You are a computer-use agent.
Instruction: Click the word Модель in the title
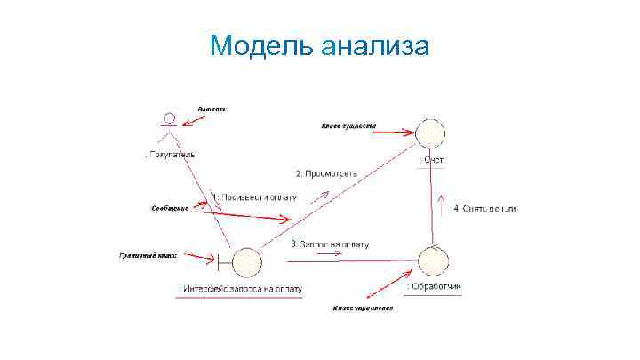point(258,44)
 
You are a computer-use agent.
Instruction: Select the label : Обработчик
point(434,287)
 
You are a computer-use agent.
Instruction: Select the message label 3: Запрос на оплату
point(330,244)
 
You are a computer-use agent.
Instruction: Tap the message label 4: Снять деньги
point(485,209)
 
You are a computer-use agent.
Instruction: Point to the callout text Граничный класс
point(148,256)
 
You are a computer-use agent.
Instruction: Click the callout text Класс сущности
point(348,126)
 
